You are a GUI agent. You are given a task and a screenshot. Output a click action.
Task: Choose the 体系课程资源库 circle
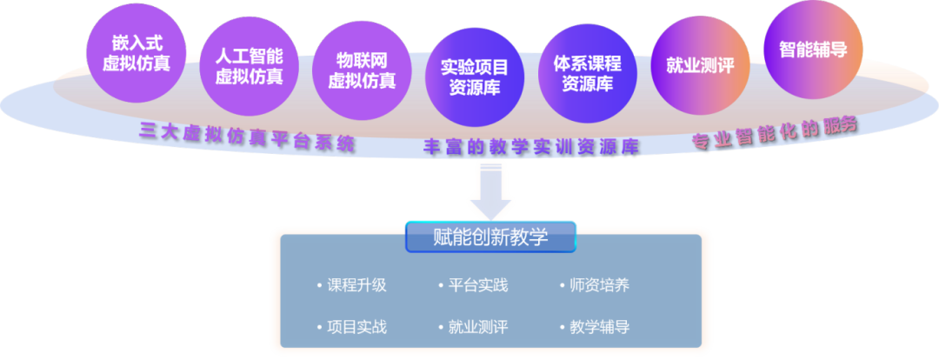pos(588,73)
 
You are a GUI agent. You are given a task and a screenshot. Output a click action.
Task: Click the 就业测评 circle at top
pos(701,65)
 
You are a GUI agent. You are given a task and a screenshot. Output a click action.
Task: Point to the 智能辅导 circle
pos(813,49)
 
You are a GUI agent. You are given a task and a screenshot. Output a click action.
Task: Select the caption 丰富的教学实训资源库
pos(531,146)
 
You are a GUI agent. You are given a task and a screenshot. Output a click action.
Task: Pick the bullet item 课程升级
pos(357,285)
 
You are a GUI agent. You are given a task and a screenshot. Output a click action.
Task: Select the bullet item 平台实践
pos(478,285)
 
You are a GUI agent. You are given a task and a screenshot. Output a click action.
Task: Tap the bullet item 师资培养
pos(600,285)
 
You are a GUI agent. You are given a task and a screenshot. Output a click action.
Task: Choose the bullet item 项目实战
pos(357,327)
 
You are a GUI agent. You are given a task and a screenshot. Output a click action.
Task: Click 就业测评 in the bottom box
pos(478,327)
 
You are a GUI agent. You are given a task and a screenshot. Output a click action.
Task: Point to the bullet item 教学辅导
pos(600,327)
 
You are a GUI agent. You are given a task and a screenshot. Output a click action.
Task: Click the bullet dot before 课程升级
pos(319,285)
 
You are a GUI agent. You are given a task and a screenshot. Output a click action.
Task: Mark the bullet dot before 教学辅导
pos(563,328)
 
